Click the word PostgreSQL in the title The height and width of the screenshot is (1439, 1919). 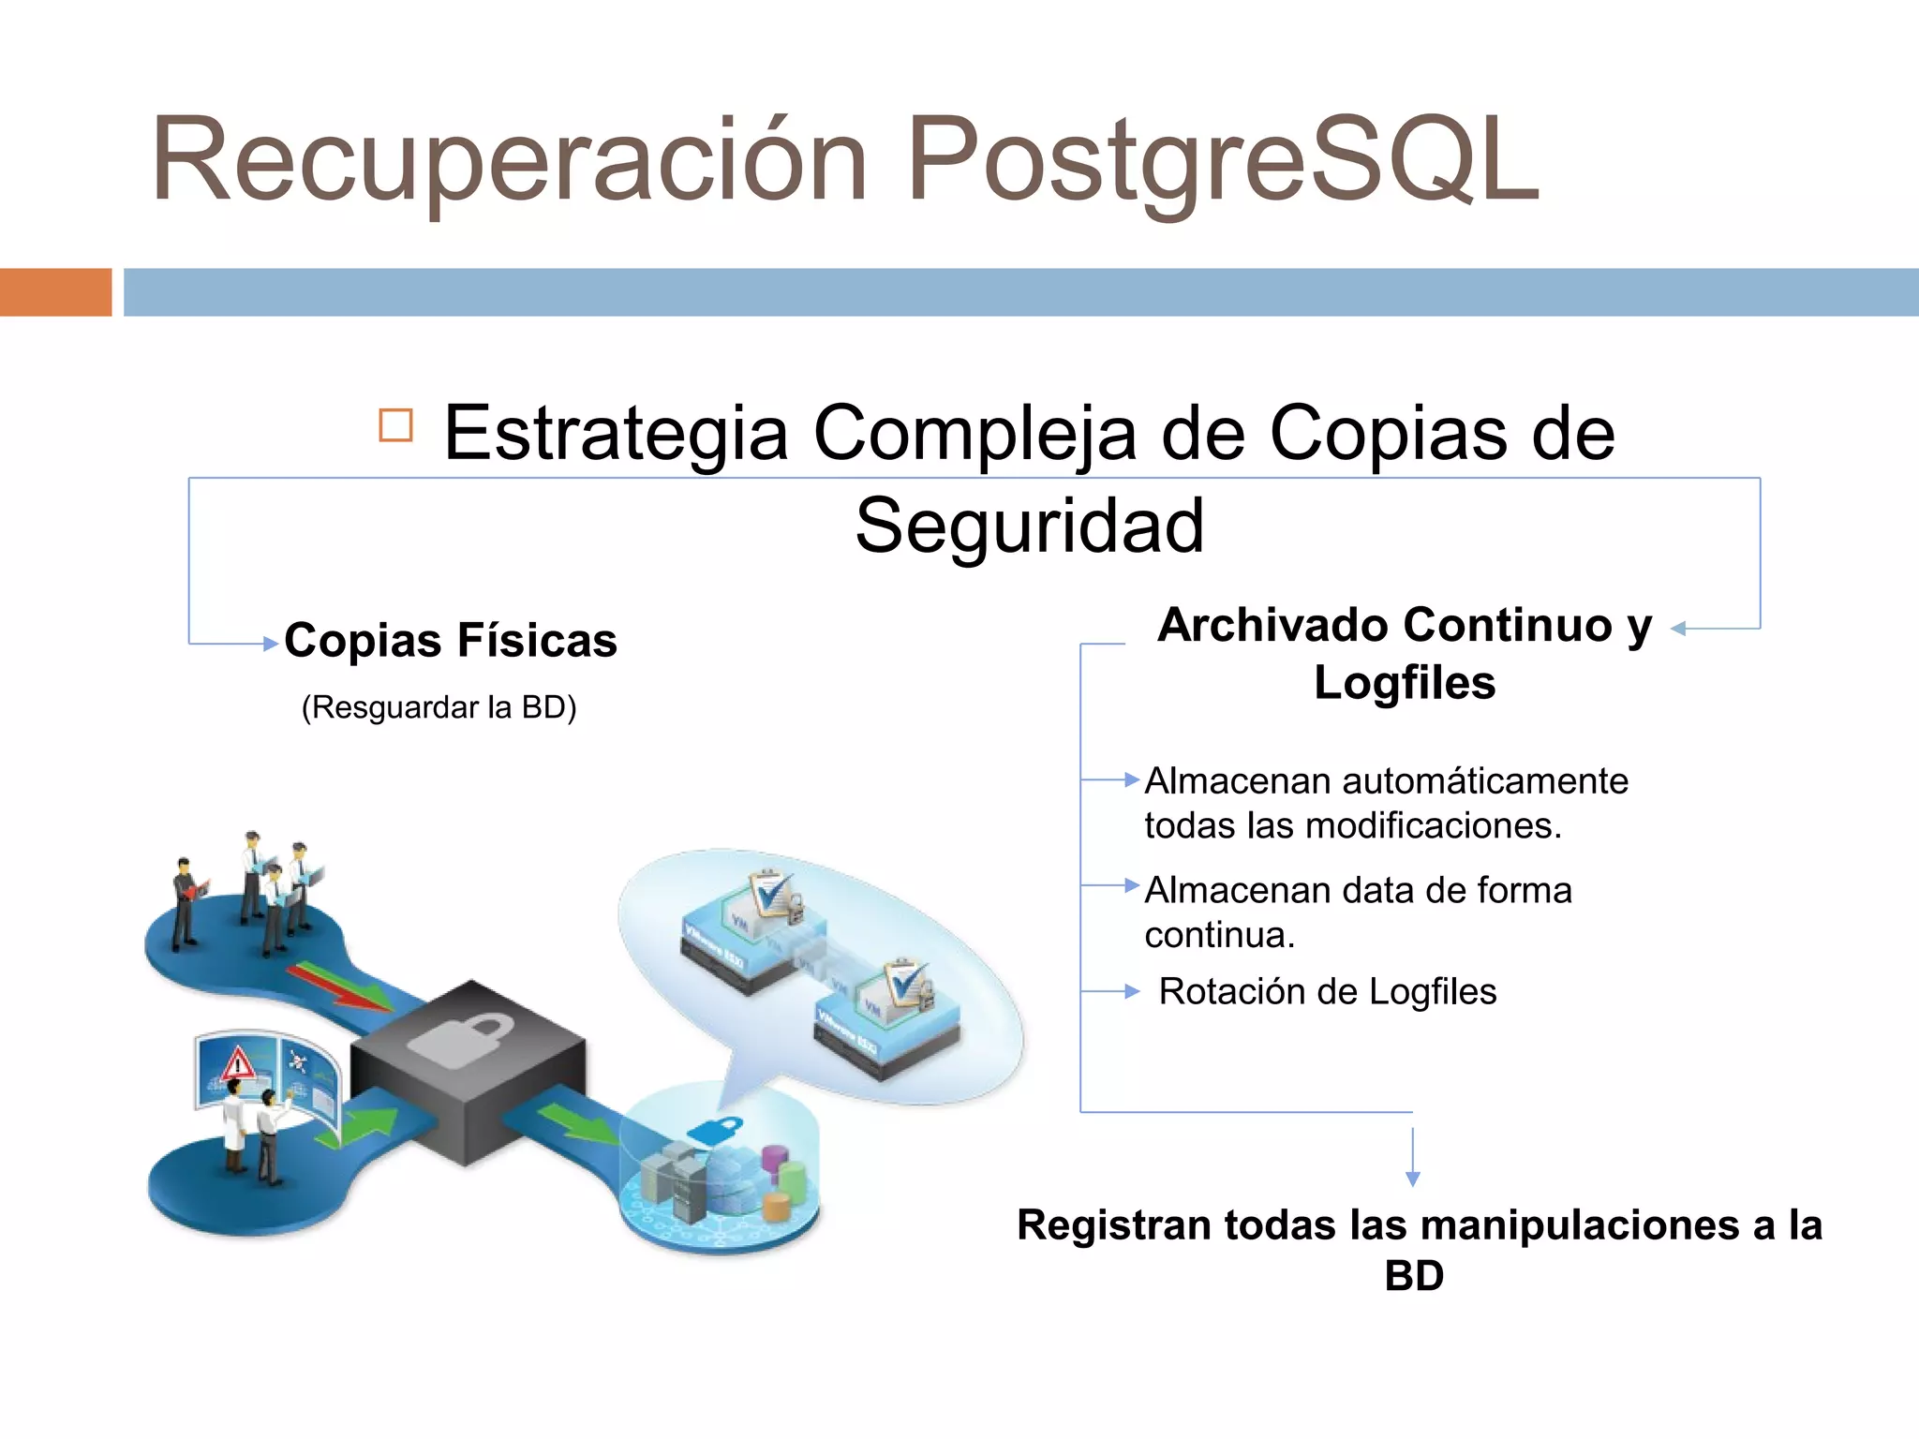[1223, 159]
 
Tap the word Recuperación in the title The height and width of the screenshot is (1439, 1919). [511, 159]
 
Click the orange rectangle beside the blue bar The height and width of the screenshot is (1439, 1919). [55, 292]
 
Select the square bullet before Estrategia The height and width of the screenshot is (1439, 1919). [395, 425]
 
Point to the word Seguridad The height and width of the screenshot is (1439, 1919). [1029, 527]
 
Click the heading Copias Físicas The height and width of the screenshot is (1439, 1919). [451, 641]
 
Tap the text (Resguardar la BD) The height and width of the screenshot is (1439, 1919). [439, 707]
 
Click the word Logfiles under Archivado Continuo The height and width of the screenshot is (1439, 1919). [1404, 682]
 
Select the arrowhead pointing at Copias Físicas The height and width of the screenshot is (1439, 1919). [270, 644]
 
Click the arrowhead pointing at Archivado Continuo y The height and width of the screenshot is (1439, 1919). [1679, 629]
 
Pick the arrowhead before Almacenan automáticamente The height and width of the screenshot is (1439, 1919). [1132, 779]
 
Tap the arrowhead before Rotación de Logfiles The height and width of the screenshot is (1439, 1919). [1132, 991]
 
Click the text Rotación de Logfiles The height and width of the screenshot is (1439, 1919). [1327, 991]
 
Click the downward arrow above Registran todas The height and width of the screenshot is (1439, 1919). [1413, 1178]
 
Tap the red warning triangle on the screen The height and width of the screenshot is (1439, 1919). [238, 1063]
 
